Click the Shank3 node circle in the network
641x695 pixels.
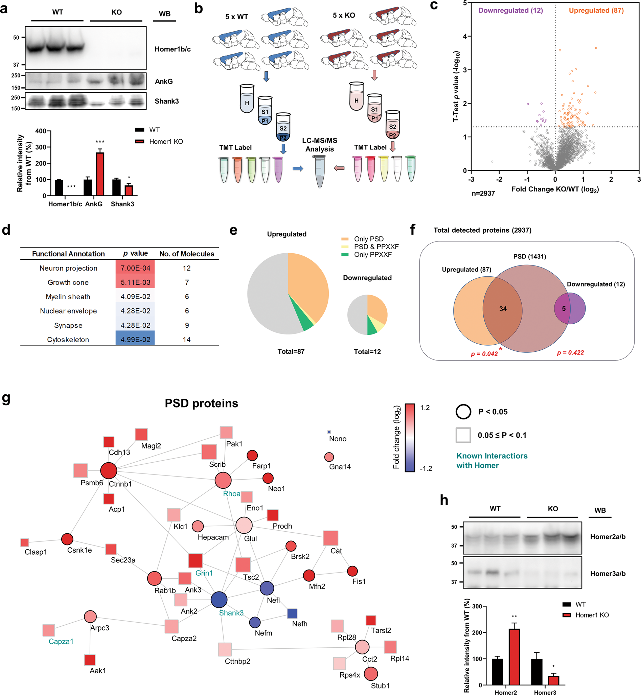219,600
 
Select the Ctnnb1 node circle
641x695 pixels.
109,471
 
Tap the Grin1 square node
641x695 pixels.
195,561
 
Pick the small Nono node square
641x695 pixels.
329,432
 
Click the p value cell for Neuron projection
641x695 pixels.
135,268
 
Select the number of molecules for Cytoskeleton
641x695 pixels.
187,340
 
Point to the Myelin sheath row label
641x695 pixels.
68,297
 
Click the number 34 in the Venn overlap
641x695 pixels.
503,309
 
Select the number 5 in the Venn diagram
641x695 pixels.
564,308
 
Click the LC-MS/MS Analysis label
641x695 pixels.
319,145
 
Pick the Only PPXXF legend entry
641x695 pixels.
372,255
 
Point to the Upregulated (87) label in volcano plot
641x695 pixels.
596,10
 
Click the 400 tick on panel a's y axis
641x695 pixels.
41,131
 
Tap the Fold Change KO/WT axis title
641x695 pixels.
555,189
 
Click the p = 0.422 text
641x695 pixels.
570,353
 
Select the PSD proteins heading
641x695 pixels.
201,403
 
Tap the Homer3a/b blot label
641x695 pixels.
608,574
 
